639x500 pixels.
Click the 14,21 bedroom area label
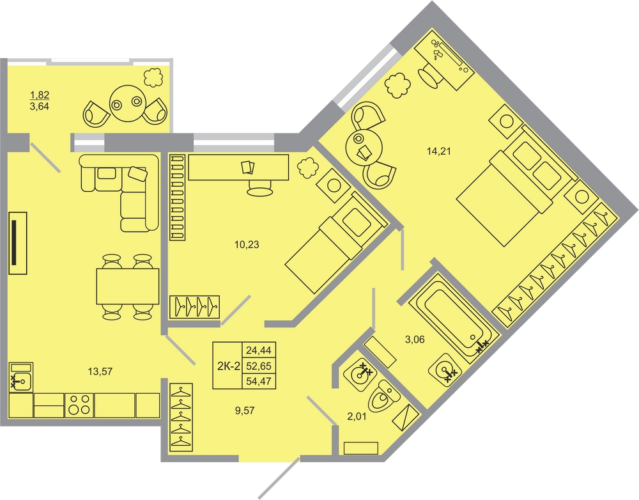click(438, 152)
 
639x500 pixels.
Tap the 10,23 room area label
click(247, 245)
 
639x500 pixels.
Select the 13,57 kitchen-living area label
click(100, 371)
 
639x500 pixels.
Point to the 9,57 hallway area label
click(245, 410)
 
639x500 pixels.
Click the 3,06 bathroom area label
click(415, 340)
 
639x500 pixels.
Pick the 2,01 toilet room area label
click(357, 416)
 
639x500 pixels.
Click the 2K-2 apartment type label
click(228, 366)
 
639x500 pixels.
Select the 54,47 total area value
click(259, 382)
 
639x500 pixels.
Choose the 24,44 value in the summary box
click(259, 350)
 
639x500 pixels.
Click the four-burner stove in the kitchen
click(79, 405)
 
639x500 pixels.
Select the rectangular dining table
click(128, 286)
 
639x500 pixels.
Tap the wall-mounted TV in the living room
click(17, 243)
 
